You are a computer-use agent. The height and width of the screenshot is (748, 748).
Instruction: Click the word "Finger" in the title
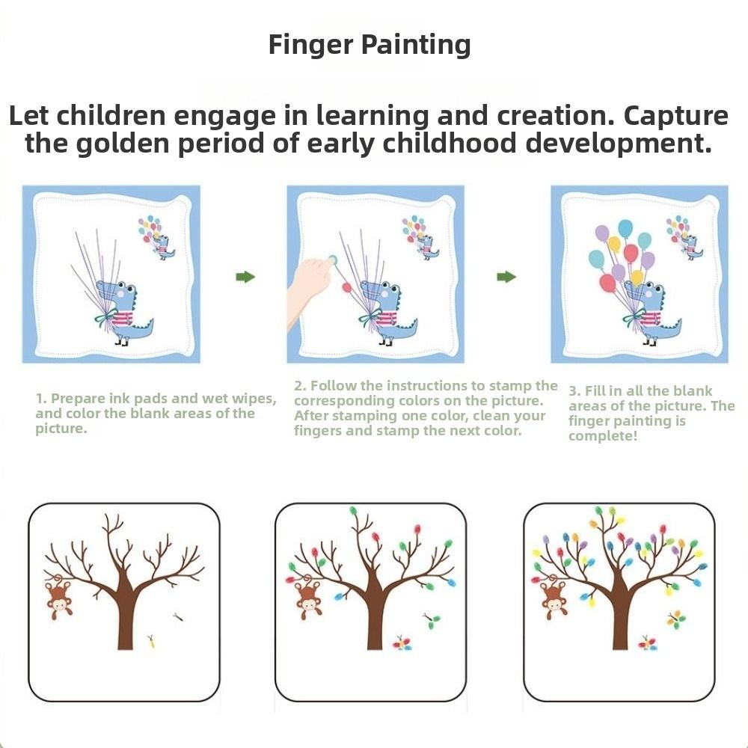click(x=310, y=45)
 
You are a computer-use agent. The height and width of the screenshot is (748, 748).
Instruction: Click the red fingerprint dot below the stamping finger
click(x=346, y=287)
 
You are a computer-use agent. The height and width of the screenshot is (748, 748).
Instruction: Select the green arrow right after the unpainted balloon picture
click(x=245, y=277)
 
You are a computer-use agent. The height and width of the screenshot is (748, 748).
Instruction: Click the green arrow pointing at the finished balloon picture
click(x=506, y=277)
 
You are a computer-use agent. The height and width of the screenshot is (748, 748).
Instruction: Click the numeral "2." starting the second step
click(x=300, y=386)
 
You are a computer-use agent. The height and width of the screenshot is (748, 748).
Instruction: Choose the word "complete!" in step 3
click(x=603, y=436)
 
